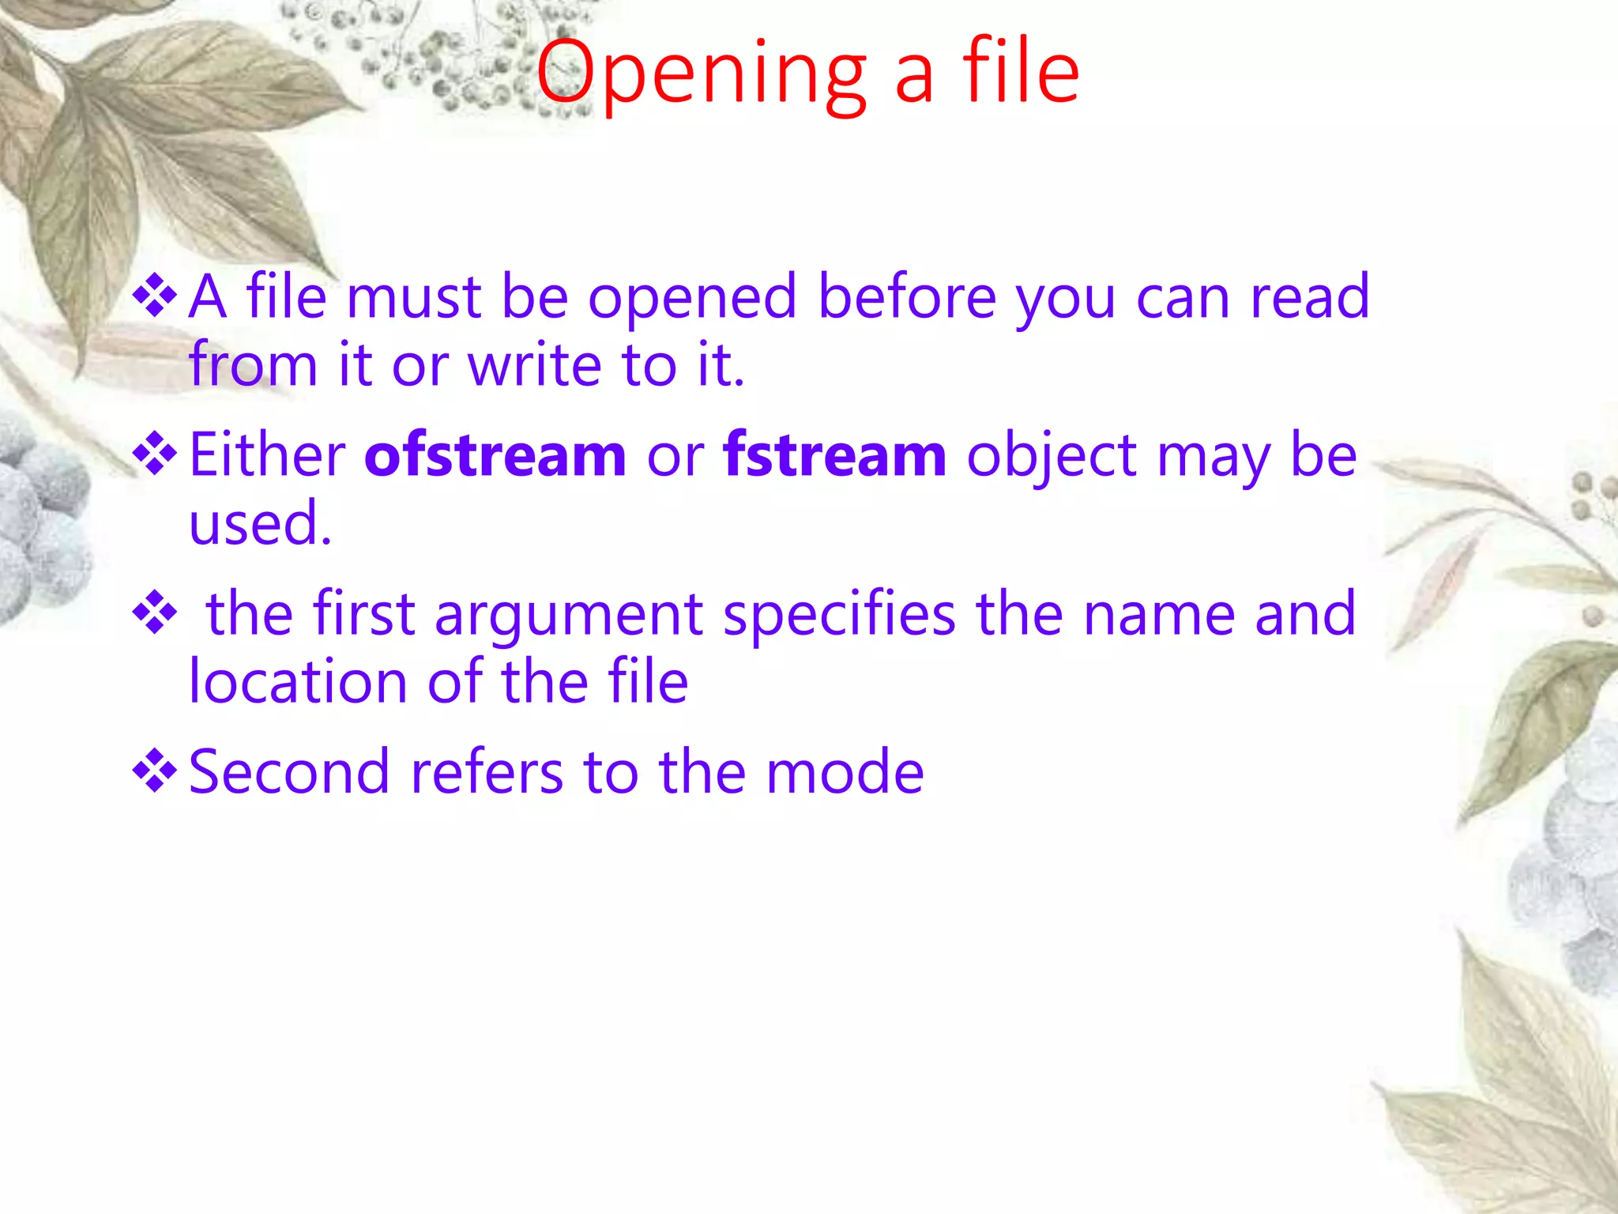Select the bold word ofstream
[495, 456]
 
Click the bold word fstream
[834, 456]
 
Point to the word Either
[267, 456]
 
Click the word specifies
[839, 615]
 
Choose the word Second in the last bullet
[289, 772]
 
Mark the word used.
[259, 524]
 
